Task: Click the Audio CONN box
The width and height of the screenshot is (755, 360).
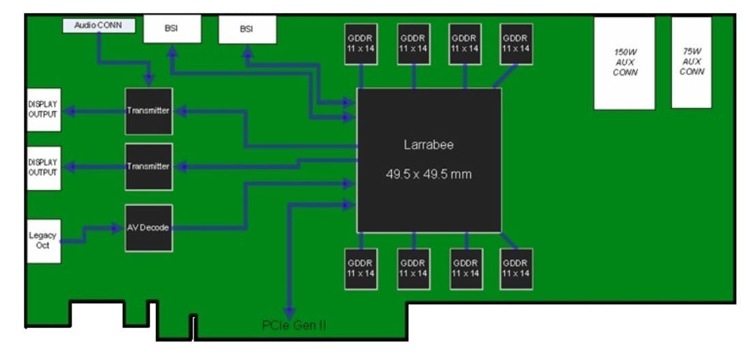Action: (99, 25)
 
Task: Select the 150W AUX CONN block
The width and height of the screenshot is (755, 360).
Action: (624, 63)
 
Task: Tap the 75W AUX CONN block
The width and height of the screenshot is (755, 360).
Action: (692, 62)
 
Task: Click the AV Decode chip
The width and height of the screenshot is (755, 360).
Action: (149, 228)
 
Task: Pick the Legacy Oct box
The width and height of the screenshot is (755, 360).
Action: (44, 240)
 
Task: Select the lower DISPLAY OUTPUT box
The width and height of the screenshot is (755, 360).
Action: (43, 168)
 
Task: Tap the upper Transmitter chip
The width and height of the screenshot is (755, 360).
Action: (149, 110)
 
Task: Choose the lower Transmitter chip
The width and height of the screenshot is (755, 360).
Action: (149, 167)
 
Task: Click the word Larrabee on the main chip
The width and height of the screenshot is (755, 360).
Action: (428, 145)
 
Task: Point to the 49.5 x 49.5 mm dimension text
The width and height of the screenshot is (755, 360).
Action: (429, 174)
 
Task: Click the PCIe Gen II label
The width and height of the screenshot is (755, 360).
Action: (294, 326)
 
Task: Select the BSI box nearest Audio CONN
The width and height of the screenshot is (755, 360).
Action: (172, 29)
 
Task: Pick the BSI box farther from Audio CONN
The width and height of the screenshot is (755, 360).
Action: (247, 29)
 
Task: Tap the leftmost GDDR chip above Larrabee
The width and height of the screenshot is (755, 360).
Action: (360, 44)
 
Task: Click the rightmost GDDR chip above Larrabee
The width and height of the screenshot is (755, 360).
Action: (516, 44)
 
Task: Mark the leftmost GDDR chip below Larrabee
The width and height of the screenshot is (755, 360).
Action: (360, 269)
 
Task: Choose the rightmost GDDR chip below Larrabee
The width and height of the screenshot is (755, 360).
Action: (516, 269)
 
